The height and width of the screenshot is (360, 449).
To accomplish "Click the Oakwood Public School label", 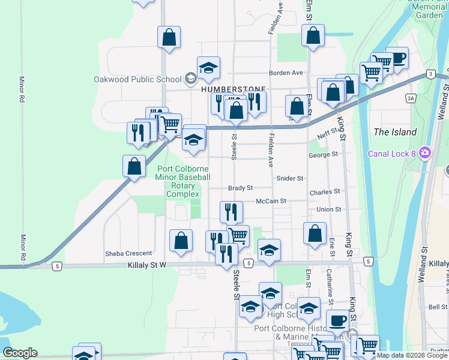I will click(x=137, y=79).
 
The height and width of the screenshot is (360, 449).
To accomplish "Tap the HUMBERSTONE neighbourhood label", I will click(x=224, y=88).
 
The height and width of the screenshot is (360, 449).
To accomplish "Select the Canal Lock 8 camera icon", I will click(x=426, y=153).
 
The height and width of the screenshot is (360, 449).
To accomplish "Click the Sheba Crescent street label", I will click(x=128, y=253).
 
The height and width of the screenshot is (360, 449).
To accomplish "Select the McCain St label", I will click(x=271, y=201).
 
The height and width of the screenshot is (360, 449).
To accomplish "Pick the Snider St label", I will click(x=290, y=178).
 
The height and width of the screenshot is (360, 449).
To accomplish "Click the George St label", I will click(x=324, y=154).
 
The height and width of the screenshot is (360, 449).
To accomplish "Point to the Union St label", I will click(x=329, y=209).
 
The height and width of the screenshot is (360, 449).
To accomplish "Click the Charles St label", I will click(x=325, y=192).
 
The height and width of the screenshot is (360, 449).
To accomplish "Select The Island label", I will click(x=394, y=132).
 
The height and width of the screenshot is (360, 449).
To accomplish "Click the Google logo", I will click(x=20, y=353).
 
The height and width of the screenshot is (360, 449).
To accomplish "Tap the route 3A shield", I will click(x=411, y=98).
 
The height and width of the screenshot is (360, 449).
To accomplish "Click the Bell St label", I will click(x=438, y=307).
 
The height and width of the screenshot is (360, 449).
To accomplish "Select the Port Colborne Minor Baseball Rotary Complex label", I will click(x=182, y=181).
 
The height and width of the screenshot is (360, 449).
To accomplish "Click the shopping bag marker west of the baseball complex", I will click(x=134, y=166).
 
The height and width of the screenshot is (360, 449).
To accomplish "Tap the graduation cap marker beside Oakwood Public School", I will click(x=208, y=69).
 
